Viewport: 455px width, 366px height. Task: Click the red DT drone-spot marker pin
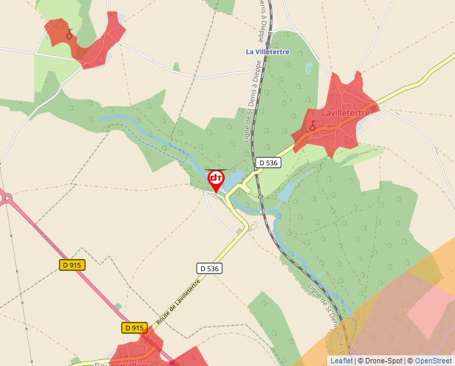[x=216, y=179]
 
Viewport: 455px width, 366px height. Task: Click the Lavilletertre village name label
[x=345, y=113]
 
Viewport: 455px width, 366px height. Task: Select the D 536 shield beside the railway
[x=267, y=163]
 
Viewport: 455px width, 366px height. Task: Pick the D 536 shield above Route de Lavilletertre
[x=209, y=268]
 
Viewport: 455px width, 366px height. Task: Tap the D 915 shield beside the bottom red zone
[x=134, y=328]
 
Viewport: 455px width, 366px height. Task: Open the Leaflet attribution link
[x=341, y=361]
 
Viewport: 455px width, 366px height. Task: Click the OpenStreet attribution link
[x=433, y=361]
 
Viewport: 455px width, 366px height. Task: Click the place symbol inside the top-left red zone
[x=69, y=33]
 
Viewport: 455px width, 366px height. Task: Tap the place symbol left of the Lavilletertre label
[x=312, y=125]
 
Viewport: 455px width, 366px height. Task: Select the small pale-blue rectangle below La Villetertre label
[x=308, y=68]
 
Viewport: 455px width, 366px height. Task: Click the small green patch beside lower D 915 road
[x=118, y=306]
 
